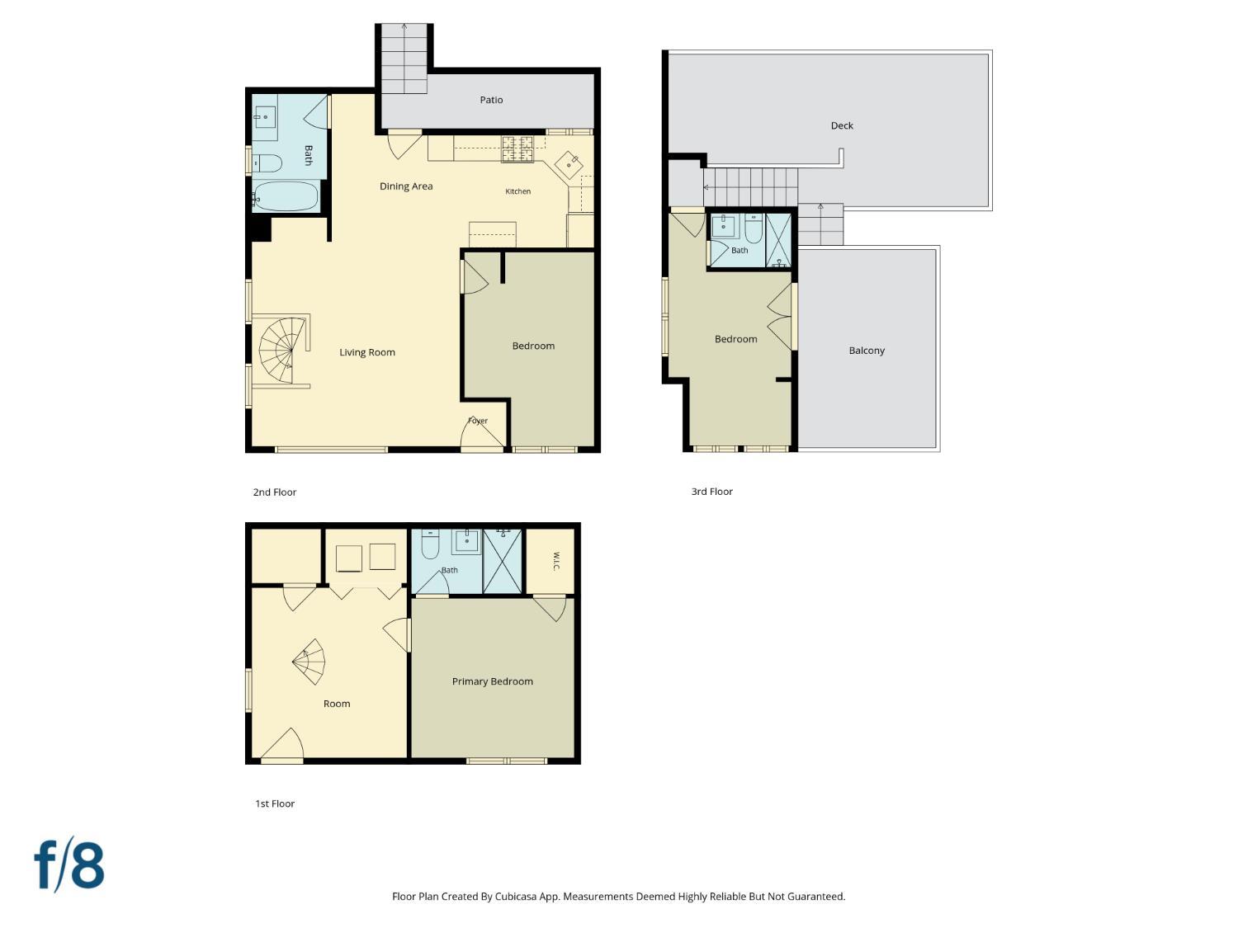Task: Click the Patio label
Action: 491,100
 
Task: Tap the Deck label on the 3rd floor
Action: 842,125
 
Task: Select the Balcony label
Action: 867,351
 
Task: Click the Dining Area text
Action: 405,186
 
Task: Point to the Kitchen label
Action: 517,191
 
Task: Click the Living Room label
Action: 366,352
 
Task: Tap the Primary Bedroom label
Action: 493,681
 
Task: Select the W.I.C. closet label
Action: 555,561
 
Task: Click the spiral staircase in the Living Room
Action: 281,351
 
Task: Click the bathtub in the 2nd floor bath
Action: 285,196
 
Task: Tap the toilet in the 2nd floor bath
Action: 267,163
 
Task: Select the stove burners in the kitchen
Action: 517,148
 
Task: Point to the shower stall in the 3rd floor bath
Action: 778,240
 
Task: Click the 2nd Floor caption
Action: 274,492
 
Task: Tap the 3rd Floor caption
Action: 711,492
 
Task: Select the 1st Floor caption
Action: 275,803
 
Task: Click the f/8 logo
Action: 69,864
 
